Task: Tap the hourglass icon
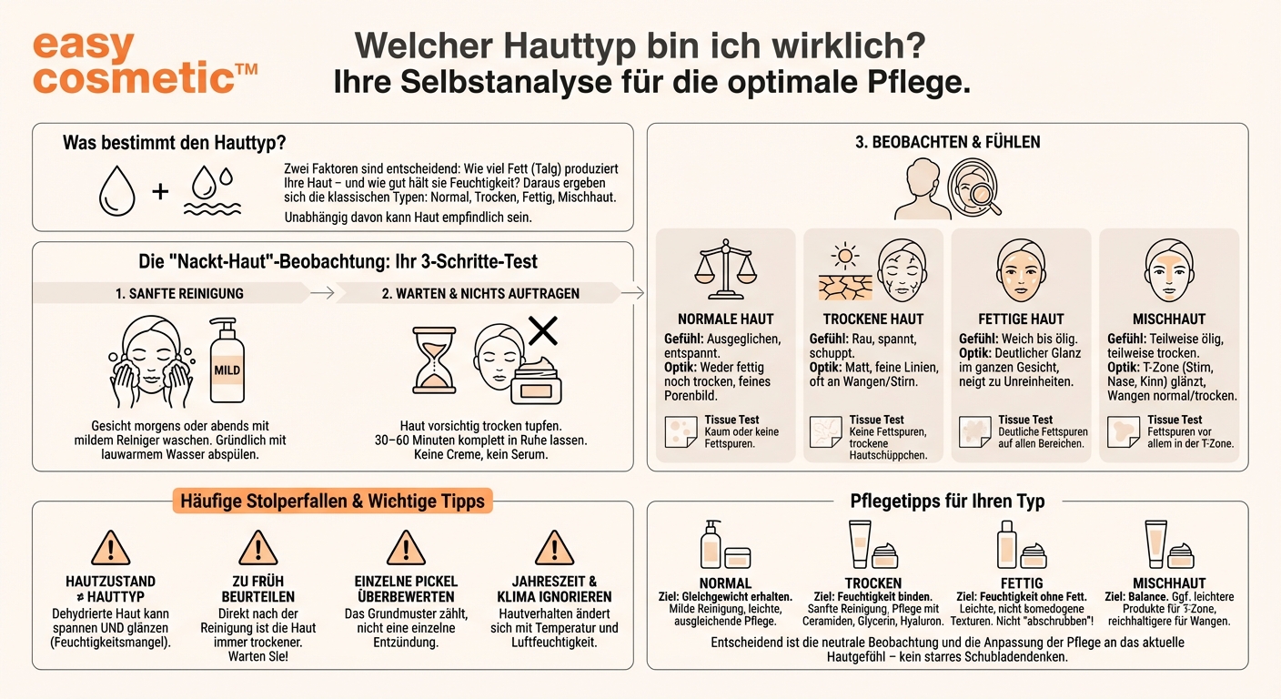pyautogui.click(x=436, y=360)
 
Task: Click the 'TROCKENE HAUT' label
pyautogui.click(x=872, y=319)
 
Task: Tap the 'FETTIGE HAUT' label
pyautogui.click(x=1022, y=319)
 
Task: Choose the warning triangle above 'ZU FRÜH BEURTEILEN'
pyautogui.click(x=257, y=548)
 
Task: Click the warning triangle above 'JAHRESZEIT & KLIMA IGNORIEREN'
pyautogui.click(x=554, y=548)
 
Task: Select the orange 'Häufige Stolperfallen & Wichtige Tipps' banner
pyautogui.click(x=332, y=501)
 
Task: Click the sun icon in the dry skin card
pyautogui.click(x=846, y=255)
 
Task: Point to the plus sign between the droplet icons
pyautogui.click(x=160, y=192)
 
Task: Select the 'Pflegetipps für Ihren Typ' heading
pyautogui.click(x=946, y=501)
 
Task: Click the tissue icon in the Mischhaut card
pyautogui.click(x=1123, y=432)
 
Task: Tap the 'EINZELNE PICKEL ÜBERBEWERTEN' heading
pyautogui.click(x=406, y=589)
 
